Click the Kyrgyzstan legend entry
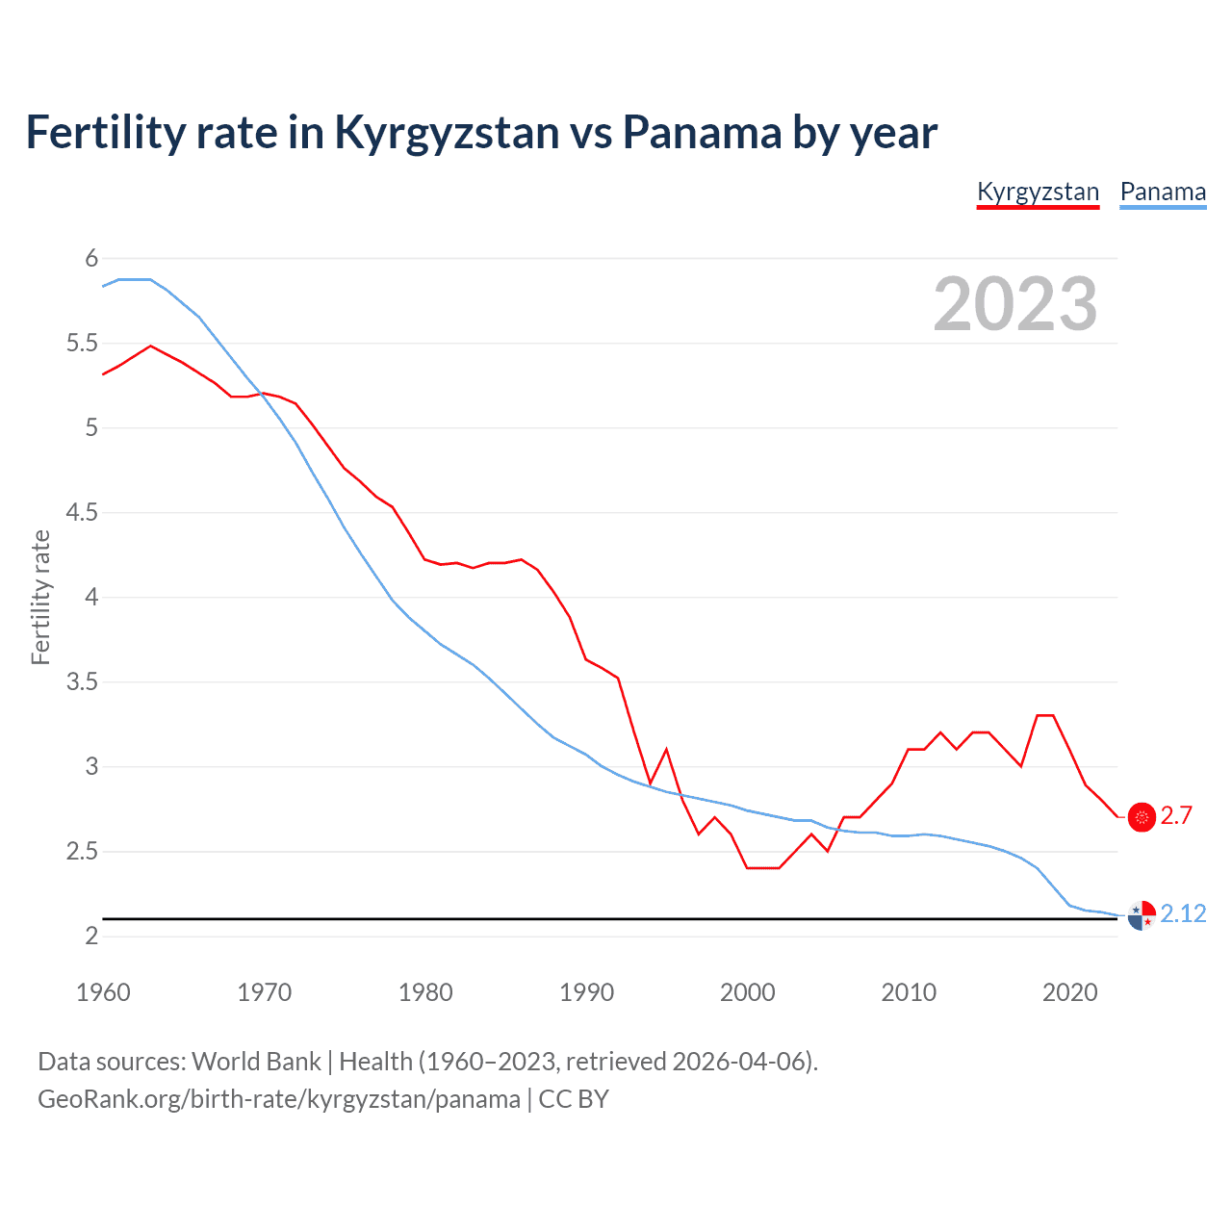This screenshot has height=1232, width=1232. (1038, 192)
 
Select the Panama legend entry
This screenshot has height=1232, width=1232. (1163, 192)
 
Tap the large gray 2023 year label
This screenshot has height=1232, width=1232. (1015, 304)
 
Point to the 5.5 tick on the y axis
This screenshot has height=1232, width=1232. (82, 343)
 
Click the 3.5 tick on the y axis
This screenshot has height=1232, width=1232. (82, 681)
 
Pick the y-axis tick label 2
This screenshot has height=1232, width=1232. (91, 936)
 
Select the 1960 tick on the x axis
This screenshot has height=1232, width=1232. (103, 992)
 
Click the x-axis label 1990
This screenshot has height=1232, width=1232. (586, 992)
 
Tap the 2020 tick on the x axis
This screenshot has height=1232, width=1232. (1069, 992)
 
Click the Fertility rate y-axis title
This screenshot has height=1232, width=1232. (40, 597)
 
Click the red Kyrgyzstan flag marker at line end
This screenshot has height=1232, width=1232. (1142, 817)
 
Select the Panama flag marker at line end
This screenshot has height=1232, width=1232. (1142, 915)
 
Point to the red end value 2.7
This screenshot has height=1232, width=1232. (1176, 816)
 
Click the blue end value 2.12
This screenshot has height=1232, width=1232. (1183, 913)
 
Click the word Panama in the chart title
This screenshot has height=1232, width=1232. (702, 132)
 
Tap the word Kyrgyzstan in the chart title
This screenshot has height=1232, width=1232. (446, 132)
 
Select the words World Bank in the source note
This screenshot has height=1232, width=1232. (256, 1062)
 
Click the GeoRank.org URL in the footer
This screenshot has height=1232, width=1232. (279, 1099)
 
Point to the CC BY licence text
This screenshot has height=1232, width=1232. (574, 1099)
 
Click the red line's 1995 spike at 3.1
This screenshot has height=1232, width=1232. (666, 749)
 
